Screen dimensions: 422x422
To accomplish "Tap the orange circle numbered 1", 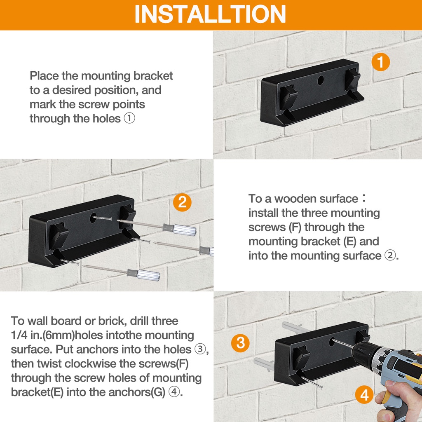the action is [x=380, y=62].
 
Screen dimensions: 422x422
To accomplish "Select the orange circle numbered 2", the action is [x=182, y=202].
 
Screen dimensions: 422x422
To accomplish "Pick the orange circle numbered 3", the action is [x=240, y=343].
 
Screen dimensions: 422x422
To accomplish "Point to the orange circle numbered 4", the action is [x=364, y=395].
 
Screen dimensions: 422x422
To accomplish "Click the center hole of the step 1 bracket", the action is [x=321, y=80].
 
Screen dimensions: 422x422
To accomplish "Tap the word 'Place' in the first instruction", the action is [x=44, y=76].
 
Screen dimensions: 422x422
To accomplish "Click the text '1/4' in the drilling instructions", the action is [x=19, y=335].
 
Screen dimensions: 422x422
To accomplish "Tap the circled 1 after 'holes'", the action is [x=129, y=118].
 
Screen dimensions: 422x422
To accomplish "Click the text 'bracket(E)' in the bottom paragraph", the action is [x=37, y=392].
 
